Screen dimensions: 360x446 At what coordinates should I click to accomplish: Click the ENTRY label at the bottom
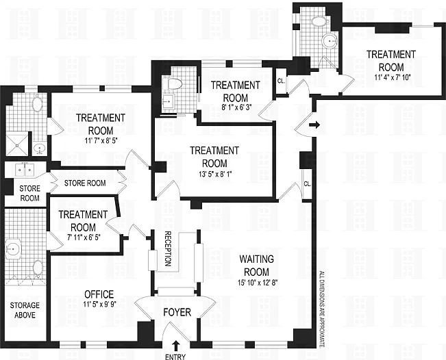coord(176,356)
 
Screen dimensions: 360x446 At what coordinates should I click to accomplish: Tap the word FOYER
coord(177,313)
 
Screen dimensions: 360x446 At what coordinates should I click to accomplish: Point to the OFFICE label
coord(98,294)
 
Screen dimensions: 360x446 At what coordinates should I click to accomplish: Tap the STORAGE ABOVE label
coord(23,309)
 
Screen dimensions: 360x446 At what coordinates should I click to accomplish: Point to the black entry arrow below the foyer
coord(176,345)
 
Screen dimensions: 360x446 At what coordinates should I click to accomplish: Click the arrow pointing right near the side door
coord(314,125)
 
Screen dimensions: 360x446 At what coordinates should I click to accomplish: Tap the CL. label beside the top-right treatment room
coord(282,81)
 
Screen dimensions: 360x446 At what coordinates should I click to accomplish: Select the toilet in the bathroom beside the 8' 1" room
coord(174,84)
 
